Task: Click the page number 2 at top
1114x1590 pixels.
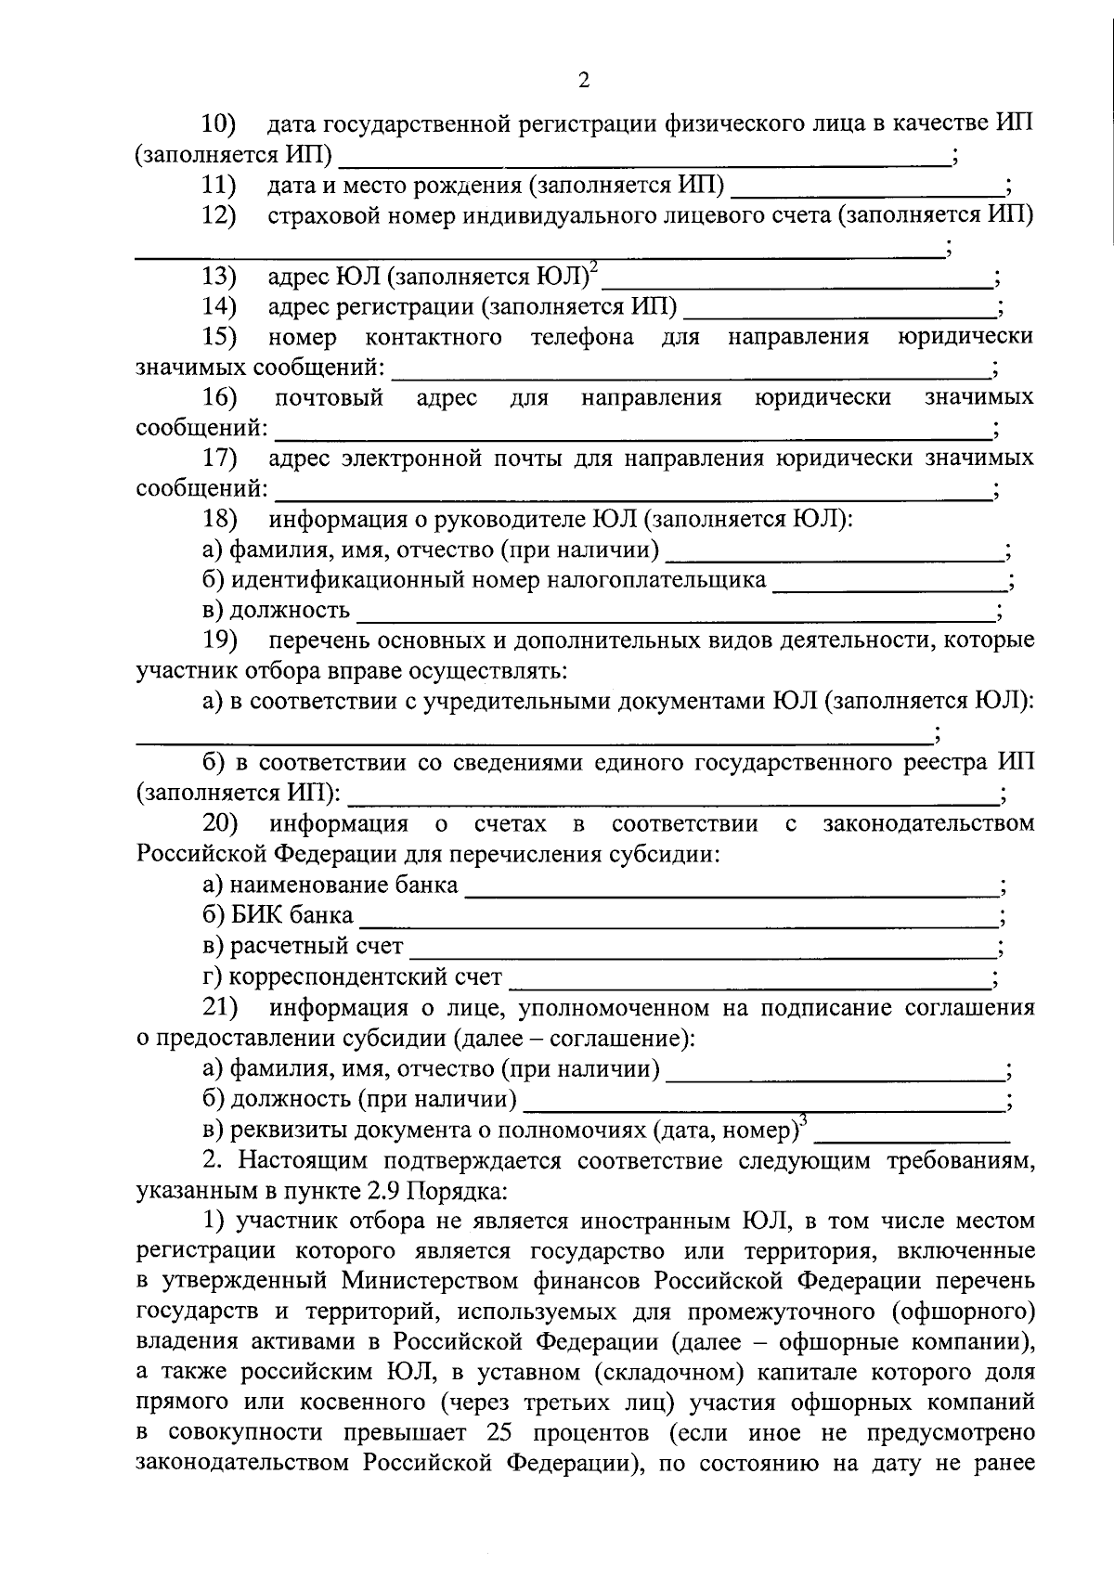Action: pyautogui.click(x=583, y=81)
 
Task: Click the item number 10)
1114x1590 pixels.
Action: pyautogui.click(x=220, y=123)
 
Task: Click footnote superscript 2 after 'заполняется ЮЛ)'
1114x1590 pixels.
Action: pyautogui.click(x=594, y=267)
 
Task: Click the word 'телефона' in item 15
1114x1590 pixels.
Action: pyautogui.click(x=582, y=337)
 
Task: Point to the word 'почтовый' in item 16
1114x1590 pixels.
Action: pyautogui.click(x=329, y=398)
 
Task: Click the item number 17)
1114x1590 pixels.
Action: pyautogui.click(x=220, y=459)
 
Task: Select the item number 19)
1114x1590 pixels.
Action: pyautogui.click(x=220, y=640)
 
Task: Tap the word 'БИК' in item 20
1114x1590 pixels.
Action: pyautogui.click(x=256, y=915)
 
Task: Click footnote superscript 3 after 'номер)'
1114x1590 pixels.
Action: pyautogui.click(x=803, y=1121)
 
